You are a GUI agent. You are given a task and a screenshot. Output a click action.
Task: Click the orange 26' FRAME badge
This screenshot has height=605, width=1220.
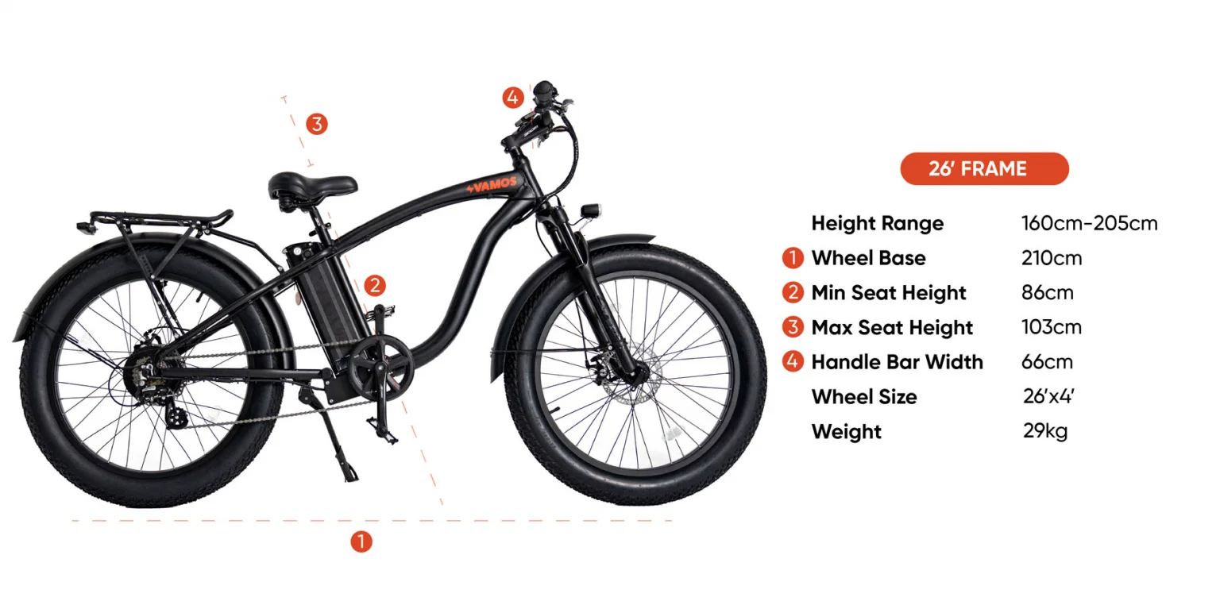click(984, 169)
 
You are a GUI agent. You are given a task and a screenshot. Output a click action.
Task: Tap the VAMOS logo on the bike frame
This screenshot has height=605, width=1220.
click(492, 185)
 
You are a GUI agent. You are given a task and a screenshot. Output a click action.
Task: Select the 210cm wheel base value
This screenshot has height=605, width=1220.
click(1051, 258)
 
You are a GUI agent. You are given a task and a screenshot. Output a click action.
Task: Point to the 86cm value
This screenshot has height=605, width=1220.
click(1048, 293)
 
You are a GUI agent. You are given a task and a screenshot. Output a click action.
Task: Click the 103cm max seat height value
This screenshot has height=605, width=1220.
click(1051, 327)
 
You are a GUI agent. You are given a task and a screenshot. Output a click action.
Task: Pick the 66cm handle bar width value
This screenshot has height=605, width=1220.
click(1047, 362)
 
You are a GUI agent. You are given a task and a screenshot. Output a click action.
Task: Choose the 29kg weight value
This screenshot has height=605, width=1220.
click(1045, 431)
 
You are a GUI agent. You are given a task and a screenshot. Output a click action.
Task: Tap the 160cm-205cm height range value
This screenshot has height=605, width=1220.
click(1089, 223)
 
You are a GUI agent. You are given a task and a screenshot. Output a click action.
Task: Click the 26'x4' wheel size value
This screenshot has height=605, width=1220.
click(1048, 396)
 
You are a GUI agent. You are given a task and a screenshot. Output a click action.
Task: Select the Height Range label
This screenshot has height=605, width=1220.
click(878, 223)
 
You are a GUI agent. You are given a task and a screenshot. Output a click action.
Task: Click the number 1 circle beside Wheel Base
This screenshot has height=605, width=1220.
click(793, 258)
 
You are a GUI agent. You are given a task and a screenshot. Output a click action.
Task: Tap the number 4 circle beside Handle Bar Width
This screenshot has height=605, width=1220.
click(793, 362)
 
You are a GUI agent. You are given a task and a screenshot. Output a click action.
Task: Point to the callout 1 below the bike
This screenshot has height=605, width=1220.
click(361, 541)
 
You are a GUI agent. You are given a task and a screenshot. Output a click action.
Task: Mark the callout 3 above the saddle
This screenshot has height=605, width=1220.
click(316, 124)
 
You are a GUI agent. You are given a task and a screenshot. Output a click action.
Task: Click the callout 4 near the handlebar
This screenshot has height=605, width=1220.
click(512, 98)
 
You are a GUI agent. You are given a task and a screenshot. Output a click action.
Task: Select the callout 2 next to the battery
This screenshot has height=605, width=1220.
click(375, 285)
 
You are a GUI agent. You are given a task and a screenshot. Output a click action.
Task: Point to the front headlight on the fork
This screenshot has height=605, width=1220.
click(590, 210)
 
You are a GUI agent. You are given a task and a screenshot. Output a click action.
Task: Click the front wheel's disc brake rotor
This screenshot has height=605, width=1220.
click(631, 375)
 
